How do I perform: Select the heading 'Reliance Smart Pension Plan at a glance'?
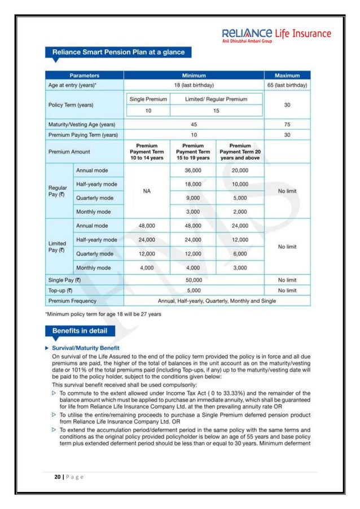point(118,52)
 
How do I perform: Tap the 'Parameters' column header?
point(85,75)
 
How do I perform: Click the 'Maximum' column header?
point(287,75)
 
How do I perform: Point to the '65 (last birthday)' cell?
point(287,85)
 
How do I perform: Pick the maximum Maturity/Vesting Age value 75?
point(287,124)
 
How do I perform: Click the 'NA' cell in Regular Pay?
point(146,191)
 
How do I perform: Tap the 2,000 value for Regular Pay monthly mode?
point(240,212)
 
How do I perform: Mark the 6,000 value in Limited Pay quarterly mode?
point(240,254)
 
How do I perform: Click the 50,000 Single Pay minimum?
point(194,280)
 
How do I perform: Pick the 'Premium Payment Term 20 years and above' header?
point(240,151)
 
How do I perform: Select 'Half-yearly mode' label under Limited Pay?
point(98,239)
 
